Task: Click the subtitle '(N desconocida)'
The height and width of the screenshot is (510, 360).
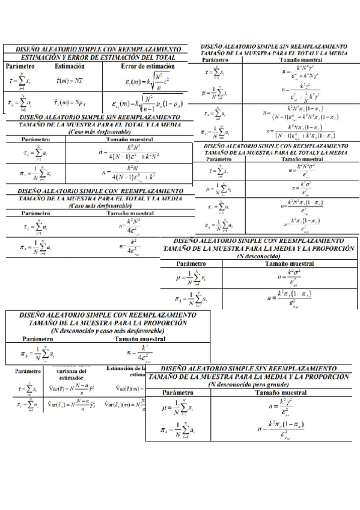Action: click(x=259, y=255)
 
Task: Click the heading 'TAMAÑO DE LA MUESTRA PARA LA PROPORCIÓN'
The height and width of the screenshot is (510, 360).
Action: click(x=108, y=323)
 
